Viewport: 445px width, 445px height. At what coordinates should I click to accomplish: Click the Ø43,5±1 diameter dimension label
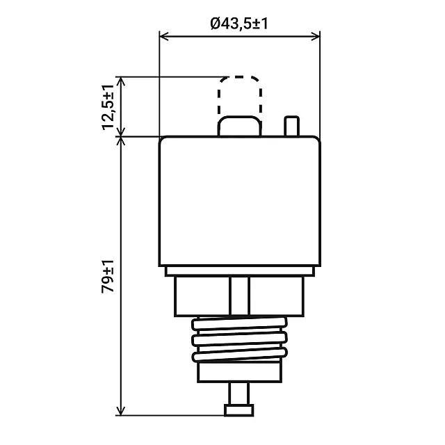(x=239, y=24)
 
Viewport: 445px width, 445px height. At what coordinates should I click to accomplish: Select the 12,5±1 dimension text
(x=108, y=107)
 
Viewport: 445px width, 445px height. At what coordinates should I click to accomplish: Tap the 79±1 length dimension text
(x=108, y=276)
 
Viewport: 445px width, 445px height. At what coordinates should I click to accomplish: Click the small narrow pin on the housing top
(x=292, y=126)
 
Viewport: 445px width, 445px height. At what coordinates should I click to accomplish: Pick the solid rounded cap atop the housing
(x=240, y=126)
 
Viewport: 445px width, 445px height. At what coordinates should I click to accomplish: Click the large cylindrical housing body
(x=240, y=201)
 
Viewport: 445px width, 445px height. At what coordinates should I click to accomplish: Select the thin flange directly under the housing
(x=240, y=271)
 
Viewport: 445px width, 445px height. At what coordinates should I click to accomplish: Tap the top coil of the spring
(x=239, y=324)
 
